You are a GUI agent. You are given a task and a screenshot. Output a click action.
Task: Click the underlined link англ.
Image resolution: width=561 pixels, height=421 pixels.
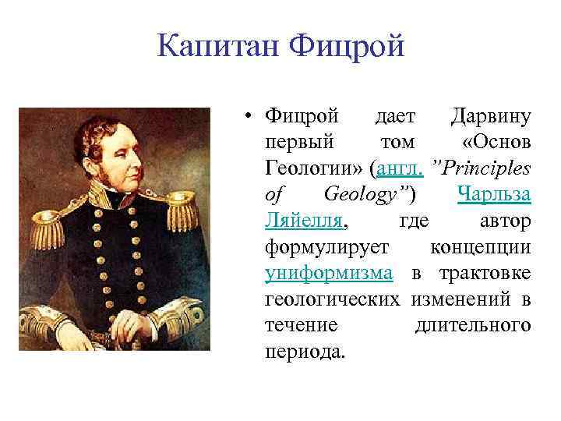[405, 168]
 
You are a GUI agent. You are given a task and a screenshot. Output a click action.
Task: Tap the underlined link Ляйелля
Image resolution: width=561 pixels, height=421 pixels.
[303, 221]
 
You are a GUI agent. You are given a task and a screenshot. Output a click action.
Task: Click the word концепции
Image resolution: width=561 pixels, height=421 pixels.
[480, 246]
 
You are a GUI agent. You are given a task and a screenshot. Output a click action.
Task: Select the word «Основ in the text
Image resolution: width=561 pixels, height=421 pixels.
[496, 143]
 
